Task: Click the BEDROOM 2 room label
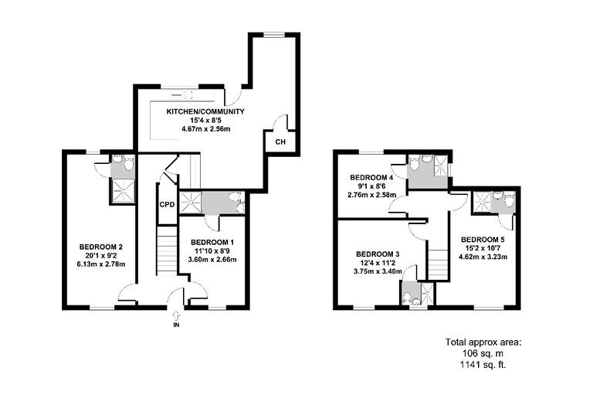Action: point(100,247)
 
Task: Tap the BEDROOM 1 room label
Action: point(212,242)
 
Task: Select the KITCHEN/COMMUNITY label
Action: point(205,111)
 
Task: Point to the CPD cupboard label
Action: point(167,205)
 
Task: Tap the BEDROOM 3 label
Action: point(378,254)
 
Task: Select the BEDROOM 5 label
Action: point(483,239)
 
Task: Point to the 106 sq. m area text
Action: point(483,353)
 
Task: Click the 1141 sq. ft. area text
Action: point(483,363)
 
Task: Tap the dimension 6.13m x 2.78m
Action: point(100,264)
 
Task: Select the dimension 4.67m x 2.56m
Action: point(205,129)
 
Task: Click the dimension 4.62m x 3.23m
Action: point(483,257)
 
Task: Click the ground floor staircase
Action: point(167,249)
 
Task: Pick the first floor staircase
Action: point(438,263)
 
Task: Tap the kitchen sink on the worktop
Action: point(186,94)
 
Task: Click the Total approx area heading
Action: point(483,341)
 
